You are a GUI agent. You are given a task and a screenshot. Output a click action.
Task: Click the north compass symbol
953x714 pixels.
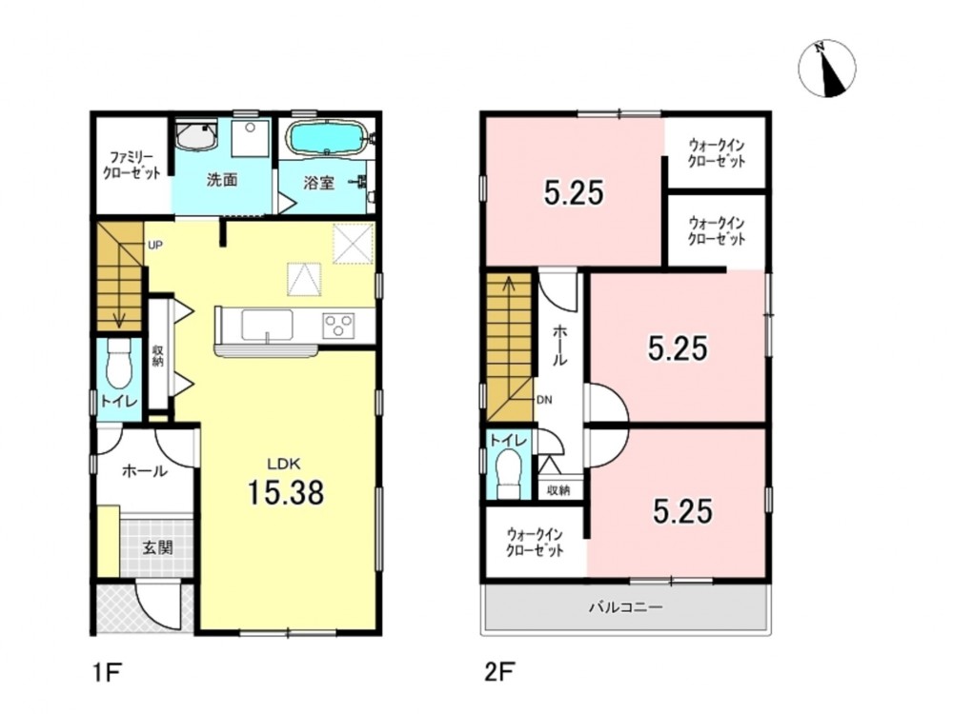(x=826, y=69)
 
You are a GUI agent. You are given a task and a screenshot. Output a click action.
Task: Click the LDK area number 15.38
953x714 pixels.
(x=285, y=492)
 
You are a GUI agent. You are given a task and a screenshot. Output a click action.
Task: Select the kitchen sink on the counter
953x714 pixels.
(x=267, y=325)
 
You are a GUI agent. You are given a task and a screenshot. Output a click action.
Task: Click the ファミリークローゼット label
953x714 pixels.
(x=132, y=165)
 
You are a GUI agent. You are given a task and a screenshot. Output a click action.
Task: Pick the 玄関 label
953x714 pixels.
(x=157, y=547)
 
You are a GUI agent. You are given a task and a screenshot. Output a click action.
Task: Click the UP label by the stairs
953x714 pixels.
(x=155, y=246)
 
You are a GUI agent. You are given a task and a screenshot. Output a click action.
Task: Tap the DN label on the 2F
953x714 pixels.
(x=544, y=400)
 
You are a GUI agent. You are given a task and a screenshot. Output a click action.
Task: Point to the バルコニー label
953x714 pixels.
(x=625, y=606)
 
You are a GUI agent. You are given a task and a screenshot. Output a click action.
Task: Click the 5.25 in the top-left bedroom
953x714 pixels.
(x=574, y=193)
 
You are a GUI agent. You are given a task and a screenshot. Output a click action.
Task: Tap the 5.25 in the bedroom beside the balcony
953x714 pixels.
(x=682, y=511)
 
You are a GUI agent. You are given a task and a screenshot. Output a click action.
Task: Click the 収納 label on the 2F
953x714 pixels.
(x=558, y=489)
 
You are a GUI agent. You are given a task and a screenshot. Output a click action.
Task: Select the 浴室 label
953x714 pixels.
(x=319, y=182)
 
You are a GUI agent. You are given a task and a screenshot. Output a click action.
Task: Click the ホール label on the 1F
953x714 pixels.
(x=145, y=470)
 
